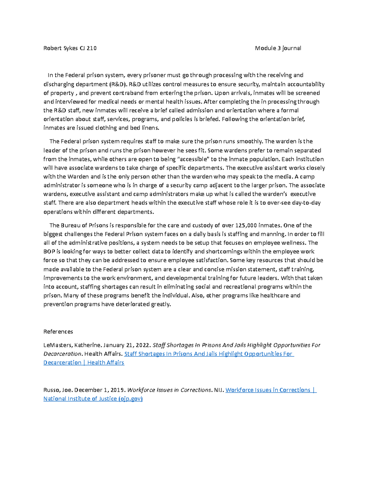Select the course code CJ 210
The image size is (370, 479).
click(88, 48)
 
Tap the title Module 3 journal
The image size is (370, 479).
click(278, 48)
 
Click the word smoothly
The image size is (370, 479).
click(250, 141)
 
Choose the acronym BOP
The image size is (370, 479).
click(49, 251)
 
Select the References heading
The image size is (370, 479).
click(58, 332)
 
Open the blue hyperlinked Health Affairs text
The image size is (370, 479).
click(105, 363)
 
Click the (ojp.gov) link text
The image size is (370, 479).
click(130, 398)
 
